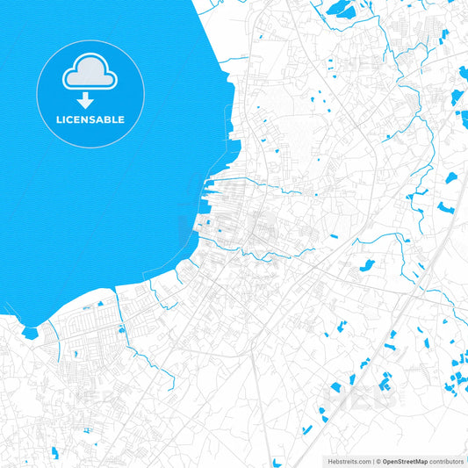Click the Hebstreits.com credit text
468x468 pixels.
(349, 461)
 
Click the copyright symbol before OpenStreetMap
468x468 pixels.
(378, 461)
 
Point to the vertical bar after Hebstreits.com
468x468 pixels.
(373, 461)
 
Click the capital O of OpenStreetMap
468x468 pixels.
(385, 461)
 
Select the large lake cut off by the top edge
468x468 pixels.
(337, 9)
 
